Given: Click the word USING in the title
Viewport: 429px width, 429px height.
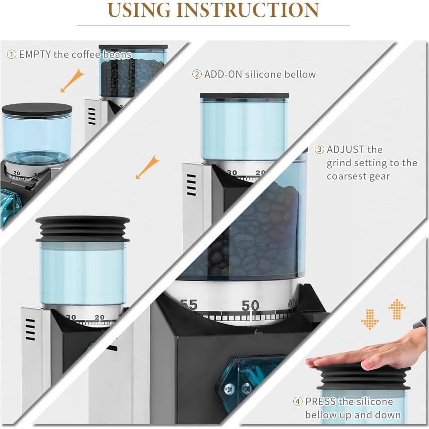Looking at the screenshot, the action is pos(139,11).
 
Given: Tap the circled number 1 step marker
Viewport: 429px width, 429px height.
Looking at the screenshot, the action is pos(11,54).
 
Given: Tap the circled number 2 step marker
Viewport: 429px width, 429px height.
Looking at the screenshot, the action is pos(197,74).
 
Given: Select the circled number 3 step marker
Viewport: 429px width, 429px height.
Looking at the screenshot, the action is pos(319,149).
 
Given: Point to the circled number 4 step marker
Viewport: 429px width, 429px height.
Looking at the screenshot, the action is pos(298,402).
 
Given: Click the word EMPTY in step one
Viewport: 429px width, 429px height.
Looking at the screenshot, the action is pos(35,54).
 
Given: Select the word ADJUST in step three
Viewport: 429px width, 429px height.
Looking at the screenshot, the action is pos(345,149).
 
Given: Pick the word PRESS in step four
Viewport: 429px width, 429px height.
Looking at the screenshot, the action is pos(320,402).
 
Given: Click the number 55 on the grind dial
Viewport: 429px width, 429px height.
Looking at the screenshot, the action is pos(189,305).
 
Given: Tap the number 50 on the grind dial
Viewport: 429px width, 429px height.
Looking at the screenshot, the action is pos(250,305).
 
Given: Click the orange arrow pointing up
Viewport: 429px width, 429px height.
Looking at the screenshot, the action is pos(397,309).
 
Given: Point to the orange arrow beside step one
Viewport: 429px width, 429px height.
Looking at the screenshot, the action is pos(72,80).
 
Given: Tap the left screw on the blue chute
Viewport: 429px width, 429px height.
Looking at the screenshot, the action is pos(229,388).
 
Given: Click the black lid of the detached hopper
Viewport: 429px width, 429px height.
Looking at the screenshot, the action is pos(37,109).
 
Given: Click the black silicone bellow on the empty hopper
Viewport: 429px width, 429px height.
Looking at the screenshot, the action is pos(83,229).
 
